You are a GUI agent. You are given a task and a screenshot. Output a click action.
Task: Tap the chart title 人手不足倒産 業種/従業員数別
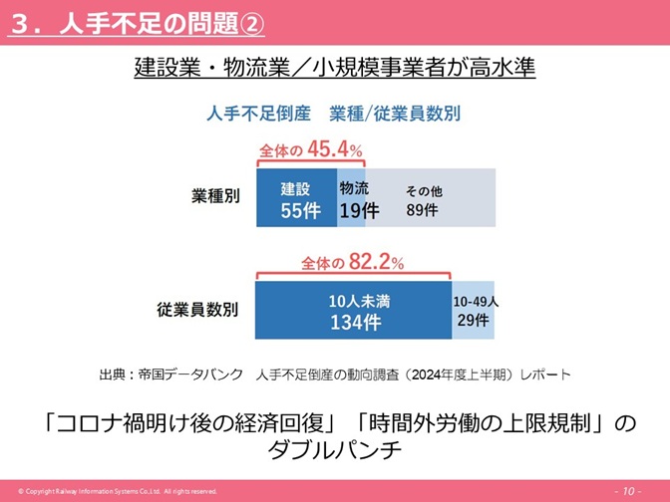[332, 113]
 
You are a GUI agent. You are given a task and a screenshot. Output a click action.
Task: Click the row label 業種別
[214, 196]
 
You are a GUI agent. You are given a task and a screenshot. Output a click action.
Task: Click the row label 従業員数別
[197, 309]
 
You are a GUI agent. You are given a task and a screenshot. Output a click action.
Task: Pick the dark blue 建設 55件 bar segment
[296, 198]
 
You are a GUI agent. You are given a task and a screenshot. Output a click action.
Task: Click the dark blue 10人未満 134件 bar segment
[354, 310]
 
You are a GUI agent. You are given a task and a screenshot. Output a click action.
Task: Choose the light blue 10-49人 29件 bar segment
[474, 310]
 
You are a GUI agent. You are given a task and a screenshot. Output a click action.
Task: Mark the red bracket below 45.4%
[310, 164]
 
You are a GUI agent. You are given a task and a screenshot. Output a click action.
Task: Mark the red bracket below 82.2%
[354, 277]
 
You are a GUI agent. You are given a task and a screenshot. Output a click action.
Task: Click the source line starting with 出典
[335, 376]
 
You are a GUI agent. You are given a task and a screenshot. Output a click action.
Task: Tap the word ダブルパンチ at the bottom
[335, 449]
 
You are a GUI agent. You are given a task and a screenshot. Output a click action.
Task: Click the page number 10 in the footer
[627, 491]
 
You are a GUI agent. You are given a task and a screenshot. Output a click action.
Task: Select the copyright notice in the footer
[117, 491]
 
